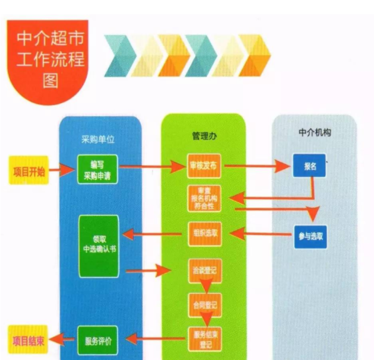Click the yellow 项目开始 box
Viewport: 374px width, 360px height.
click(x=28, y=171)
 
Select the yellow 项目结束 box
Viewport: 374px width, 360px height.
click(x=27, y=341)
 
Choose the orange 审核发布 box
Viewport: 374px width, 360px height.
click(x=204, y=166)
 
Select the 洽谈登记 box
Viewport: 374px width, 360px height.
click(x=204, y=271)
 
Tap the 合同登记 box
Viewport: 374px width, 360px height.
click(x=203, y=305)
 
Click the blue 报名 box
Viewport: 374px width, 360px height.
click(x=310, y=166)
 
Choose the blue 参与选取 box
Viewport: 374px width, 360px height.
click(x=310, y=236)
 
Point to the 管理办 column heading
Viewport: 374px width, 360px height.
click(x=203, y=137)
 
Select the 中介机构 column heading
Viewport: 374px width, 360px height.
click(x=314, y=133)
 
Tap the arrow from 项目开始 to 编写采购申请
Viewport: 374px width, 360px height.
click(x=62, y=170)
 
